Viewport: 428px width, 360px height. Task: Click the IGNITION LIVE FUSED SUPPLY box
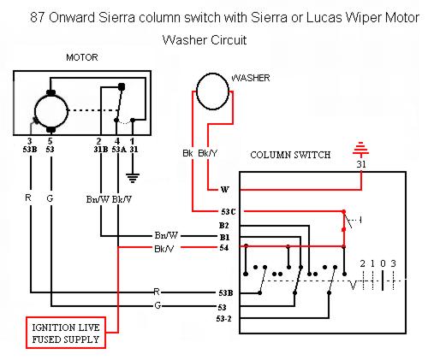click(66, 333)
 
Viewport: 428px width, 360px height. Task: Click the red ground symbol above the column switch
click(361, 149)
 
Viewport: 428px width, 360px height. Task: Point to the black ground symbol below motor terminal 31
click(133, 178)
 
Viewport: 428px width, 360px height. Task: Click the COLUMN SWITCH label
click(290, 155)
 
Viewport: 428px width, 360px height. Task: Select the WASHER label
click(251, 78)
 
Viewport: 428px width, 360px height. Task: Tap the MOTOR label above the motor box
click(82, 57)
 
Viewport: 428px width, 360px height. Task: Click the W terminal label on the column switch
click(225, 189)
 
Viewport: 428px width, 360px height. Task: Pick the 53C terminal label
click(229, 212)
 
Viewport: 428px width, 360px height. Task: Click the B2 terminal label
click(224, 226)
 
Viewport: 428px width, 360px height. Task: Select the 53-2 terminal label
click(224, 319)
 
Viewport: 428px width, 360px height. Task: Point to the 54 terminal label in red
click(224, 248)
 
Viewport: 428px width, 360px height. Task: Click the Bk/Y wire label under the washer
click(207, 153)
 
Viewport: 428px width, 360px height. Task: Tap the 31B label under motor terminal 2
click(101, 149)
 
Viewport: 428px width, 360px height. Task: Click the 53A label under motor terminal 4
click(119, 149)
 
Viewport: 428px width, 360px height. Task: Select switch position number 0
click(383, 263)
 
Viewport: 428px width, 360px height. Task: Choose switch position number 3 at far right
click(394, 263)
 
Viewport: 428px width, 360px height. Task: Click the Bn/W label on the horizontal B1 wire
click(166, 235)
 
